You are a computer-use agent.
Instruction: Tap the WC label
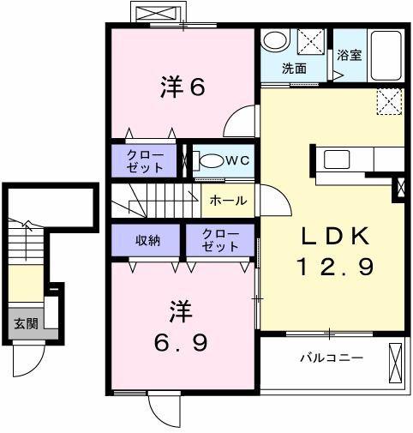(238, 159)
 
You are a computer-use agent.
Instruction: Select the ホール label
(229, 201)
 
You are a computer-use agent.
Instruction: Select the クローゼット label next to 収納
(220, 240)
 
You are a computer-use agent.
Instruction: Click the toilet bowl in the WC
(209, 159)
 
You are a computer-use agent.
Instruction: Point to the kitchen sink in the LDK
(337, 159)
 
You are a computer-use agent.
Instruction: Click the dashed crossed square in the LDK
(389, 103)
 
